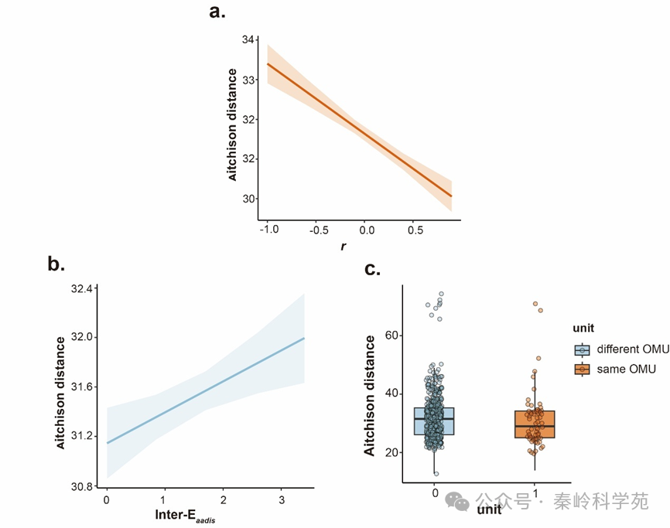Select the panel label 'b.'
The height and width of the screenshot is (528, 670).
click(56, 264)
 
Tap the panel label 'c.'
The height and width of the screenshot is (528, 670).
click(372, 269)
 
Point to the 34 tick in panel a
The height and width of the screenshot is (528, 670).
click(248, 39)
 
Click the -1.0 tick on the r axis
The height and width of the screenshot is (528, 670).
click(268, 230)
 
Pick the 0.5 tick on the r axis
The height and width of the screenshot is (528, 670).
click(415, 230)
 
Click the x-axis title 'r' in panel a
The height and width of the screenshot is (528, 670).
click(343, 247)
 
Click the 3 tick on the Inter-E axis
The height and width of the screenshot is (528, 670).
click(282, 502)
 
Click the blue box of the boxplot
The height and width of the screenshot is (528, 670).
click(434, 421)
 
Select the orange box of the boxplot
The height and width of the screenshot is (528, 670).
click(535, 424)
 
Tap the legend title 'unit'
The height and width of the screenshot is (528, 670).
click(584, 329)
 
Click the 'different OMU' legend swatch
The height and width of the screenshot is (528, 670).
click(582, 349)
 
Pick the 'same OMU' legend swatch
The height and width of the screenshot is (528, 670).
click(582, 370)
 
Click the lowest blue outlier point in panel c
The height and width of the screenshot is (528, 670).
click(436, 473)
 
